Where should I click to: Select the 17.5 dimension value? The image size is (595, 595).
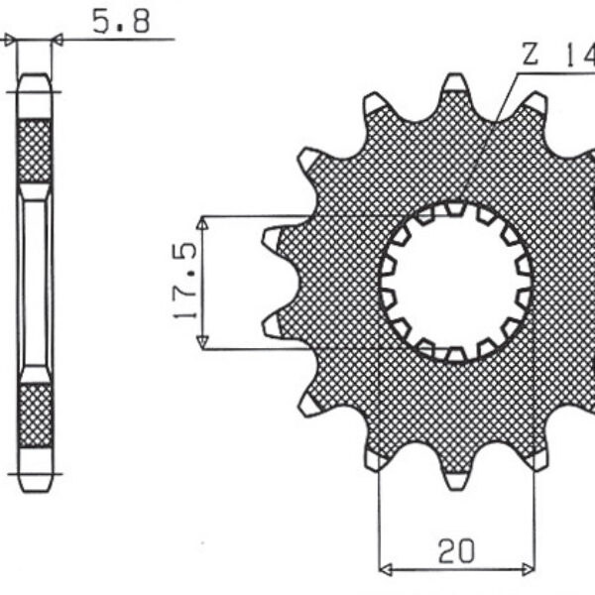point(184,283)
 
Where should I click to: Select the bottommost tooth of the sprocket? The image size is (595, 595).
point(454,479)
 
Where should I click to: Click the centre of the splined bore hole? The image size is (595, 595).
point(456,282)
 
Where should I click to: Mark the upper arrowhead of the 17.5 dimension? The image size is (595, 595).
point(202,224)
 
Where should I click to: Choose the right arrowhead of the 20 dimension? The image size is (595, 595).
point(527,570)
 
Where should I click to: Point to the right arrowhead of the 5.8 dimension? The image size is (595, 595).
point(58,40)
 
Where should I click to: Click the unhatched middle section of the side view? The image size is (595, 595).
point(35,283)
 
